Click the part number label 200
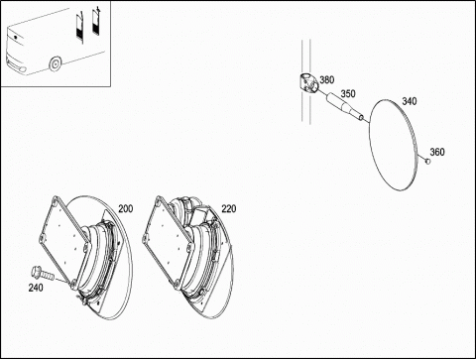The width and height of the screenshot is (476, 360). pos(126,209)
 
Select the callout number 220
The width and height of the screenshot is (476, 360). pos(229,209)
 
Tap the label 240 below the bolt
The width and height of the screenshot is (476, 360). pos(36,288)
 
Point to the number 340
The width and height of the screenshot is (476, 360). pos(410,101)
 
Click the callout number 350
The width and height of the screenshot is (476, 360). pos(348,94)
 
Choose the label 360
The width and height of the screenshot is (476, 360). pos(437,152)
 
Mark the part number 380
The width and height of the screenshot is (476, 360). pos(327,80)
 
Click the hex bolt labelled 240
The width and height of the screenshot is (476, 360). pos(42,274)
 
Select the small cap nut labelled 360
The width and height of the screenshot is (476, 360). pos(427,162)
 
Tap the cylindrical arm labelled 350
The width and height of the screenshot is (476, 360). pos(345,105)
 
